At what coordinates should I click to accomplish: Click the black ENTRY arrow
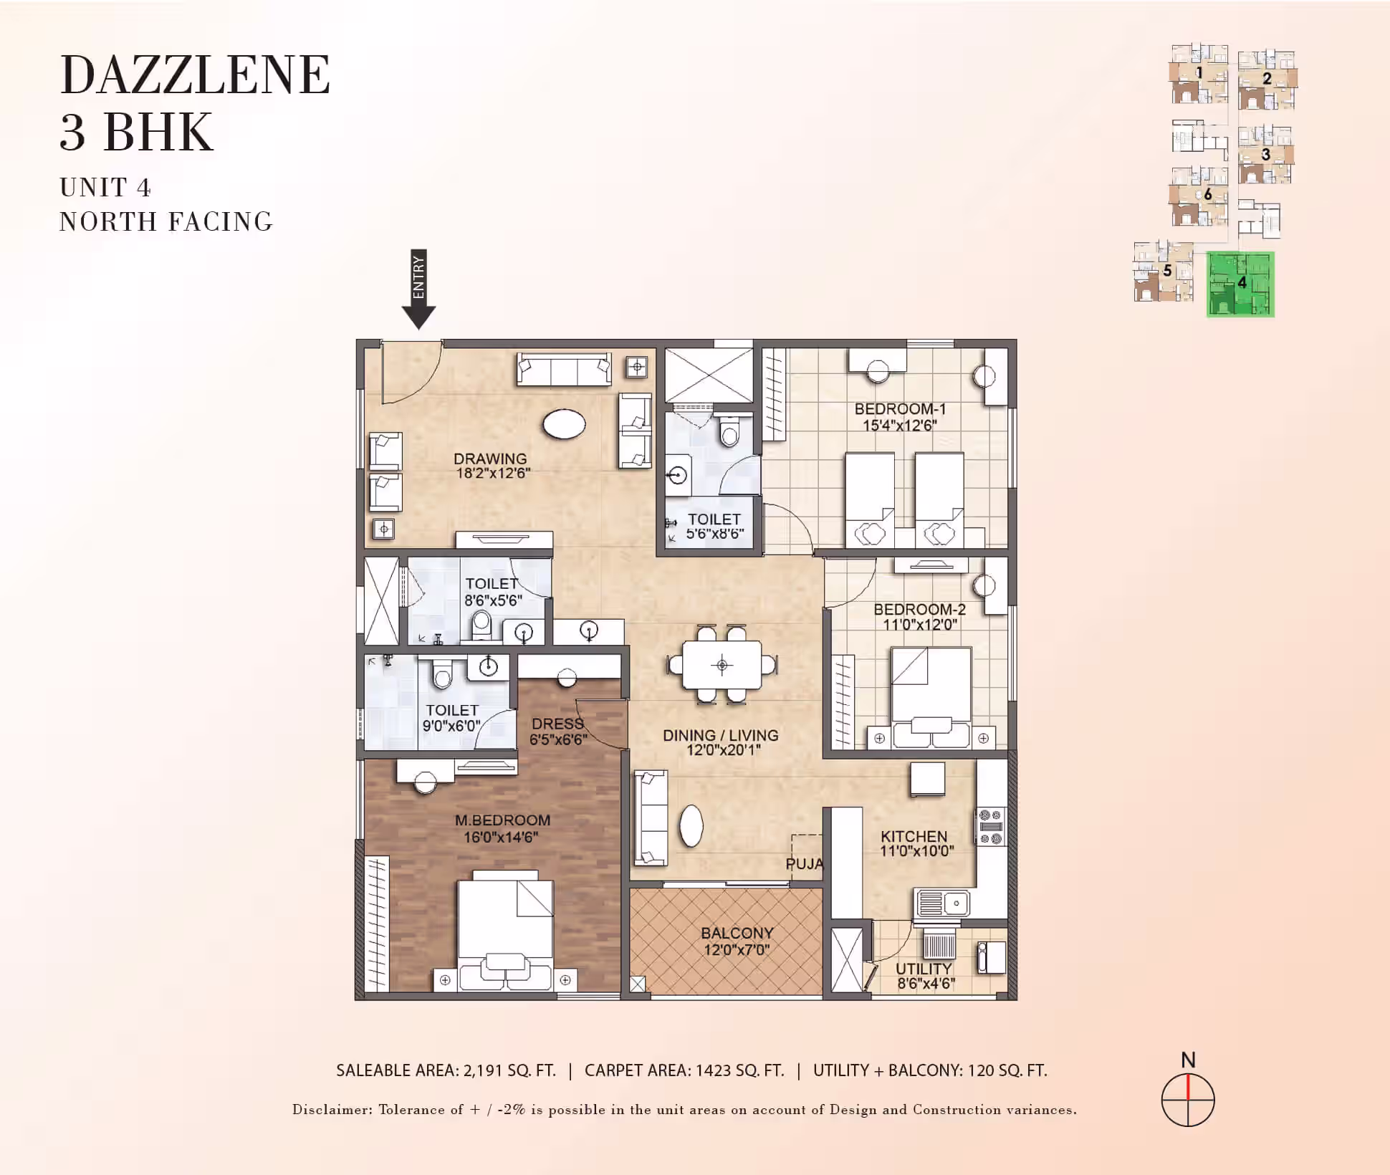(x=418, y=289)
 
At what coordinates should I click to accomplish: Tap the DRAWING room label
(x=490, y=459)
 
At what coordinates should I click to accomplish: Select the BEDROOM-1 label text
(x=900, y=409)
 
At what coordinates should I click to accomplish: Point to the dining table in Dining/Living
(x=722, y=665)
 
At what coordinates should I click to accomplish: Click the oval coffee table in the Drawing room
(x=565, y=424)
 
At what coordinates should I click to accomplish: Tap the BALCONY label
(x=737, y=933)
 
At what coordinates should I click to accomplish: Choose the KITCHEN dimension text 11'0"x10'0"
(x=917, y=851)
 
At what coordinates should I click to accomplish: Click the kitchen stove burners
(x=991, y=827)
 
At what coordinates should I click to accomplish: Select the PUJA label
(x=805, y=864)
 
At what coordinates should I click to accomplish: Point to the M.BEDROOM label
(x=502, y=820)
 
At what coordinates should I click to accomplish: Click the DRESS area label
(x=557, y=724)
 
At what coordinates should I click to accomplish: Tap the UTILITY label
(x=924, y=969)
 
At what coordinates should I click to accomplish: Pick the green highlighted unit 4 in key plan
(x=1240, y=284)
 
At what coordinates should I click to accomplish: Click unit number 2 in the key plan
(x=1267, y=79)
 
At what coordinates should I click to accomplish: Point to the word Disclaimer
(x=332, y=1109)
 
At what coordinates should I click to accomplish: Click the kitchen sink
(x=943, y=903)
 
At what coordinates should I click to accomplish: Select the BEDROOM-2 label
(x=919, y=610)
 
